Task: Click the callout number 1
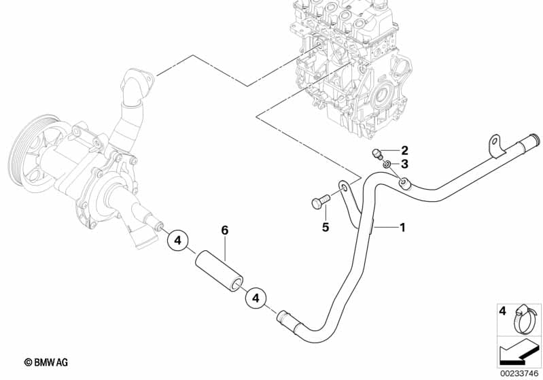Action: click(402, 228)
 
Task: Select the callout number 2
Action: click(404, 150)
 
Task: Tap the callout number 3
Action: click(404, 164)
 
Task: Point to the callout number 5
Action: click(325, 228)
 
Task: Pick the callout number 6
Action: click(224, 231)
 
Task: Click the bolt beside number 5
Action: click(319, 202)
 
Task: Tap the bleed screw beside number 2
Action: click(377, 153)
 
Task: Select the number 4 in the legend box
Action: click(503, 311)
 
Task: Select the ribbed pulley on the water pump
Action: click(27, 157)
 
